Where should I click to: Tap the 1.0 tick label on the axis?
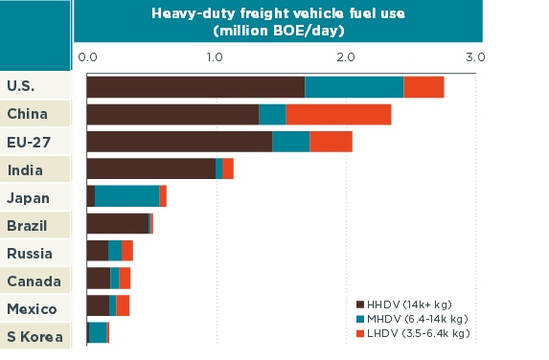(215, 57)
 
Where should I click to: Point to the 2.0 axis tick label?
(345, 57)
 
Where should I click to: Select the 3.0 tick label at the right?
(475, 57)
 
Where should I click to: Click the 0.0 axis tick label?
(87, 57)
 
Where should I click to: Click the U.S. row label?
(21, 86)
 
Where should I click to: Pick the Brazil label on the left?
(27, 225)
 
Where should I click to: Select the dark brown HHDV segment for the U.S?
(195, 86)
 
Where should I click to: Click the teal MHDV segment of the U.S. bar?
(354, 86)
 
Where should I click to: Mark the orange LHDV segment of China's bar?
(338, 114)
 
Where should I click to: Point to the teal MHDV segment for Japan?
(126, 196)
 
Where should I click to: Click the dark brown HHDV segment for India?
(150, 169)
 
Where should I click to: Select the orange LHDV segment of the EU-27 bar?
(331, 142)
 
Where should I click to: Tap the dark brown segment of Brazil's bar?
(117, 224)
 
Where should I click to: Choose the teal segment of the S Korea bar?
(97, 332)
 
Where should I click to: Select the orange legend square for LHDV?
(360, 332)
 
